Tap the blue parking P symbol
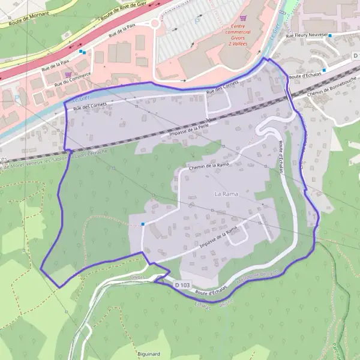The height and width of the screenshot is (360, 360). click(x=198, y=20)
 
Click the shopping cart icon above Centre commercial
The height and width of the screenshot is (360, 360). click(x=243, y=18)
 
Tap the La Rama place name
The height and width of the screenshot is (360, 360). click(x=226, y=194)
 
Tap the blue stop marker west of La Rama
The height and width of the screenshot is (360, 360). click(x=143, y=224)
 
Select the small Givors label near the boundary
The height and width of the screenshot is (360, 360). click(x=137, y=278)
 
